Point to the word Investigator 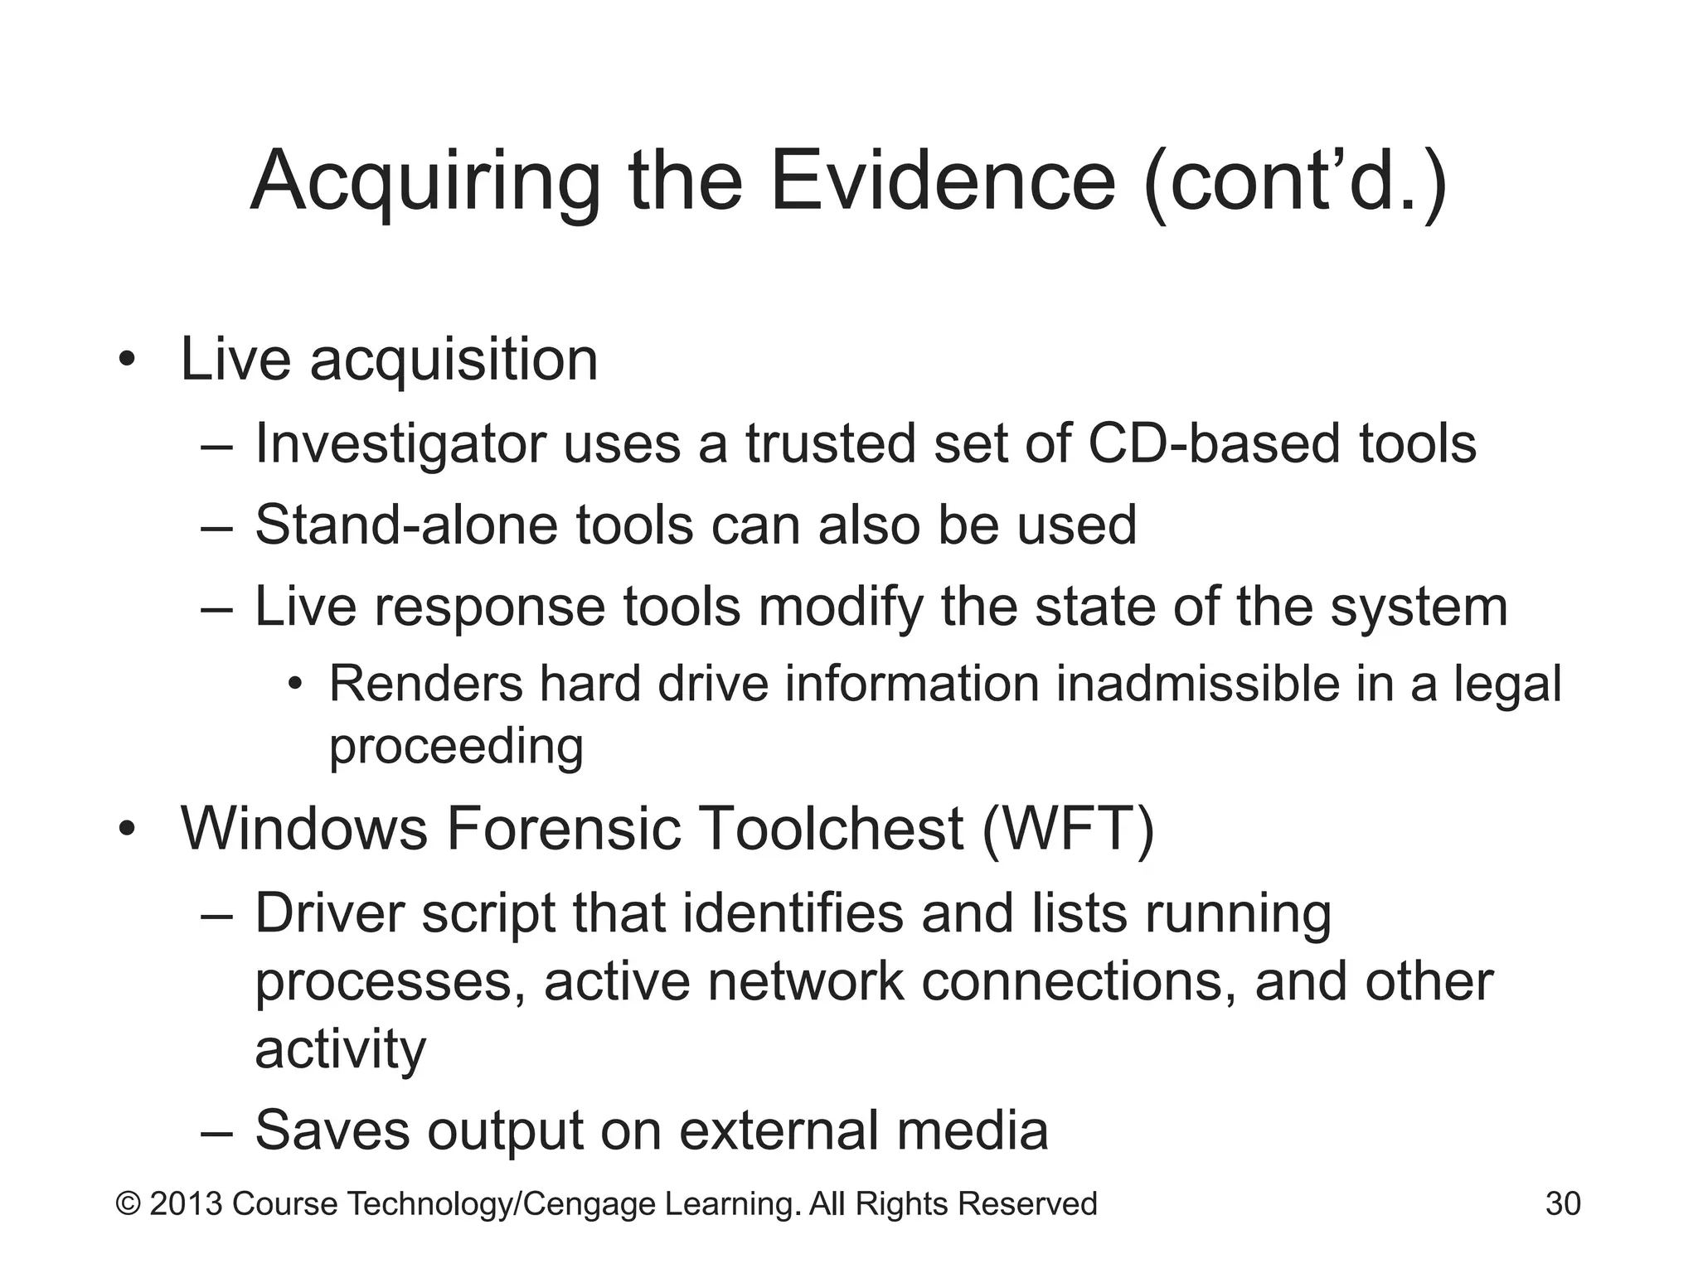(x=400, y=444)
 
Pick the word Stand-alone (x=405, y=525)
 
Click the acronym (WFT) (x=1068, y=828)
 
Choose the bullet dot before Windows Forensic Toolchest (x=126, y=829)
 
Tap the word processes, (x=390, y=983)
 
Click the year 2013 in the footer (x=186, y=1204)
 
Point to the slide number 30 (x=1563, y=1204)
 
